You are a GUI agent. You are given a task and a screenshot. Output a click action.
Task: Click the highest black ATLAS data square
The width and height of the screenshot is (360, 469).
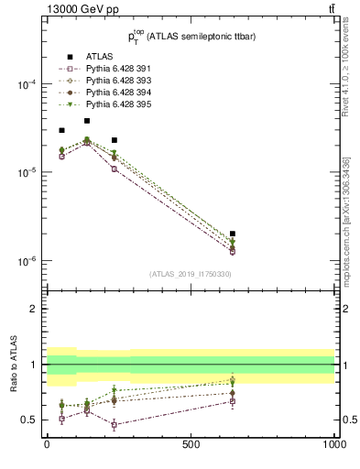(87, 121)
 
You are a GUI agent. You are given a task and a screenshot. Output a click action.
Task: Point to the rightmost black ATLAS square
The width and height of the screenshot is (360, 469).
(233, 234)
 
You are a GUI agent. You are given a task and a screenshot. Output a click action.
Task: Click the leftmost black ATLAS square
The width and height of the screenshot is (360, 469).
(61, 130)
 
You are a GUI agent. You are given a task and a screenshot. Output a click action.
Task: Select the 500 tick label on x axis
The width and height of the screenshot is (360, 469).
(191, 443)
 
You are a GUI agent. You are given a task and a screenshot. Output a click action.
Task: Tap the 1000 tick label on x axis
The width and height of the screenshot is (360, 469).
(334, 443)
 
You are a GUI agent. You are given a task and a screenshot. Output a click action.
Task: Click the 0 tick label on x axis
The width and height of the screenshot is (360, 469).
(47, 443)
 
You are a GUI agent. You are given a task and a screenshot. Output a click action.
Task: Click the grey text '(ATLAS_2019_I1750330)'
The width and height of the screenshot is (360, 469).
(191, 274)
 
